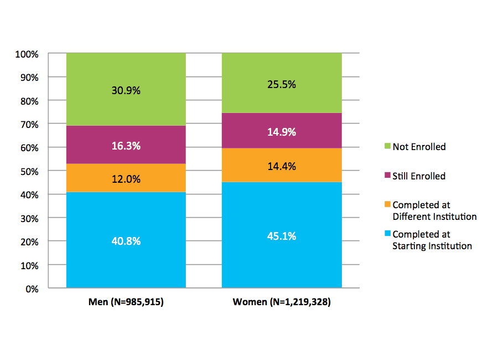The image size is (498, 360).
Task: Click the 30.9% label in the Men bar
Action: [126, 90]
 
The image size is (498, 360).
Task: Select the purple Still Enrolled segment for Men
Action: [126, 145]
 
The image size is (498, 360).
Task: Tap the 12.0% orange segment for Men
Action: [126, 179]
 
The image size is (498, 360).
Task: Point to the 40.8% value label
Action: [126, 241]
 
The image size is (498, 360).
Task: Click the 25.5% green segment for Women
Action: [282, 85]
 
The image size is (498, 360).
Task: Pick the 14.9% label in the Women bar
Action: [282, 132]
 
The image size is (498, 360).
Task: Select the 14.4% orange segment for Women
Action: [282, 166]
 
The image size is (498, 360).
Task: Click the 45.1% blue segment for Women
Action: [282, 236]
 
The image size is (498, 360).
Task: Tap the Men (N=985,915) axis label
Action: [126, 302]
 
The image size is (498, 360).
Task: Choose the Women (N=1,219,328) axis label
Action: [282, 302]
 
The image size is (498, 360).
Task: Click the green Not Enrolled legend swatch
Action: [387, 147]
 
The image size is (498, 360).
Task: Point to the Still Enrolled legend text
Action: [419, 176]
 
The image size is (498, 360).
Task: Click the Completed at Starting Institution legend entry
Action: [432, 240]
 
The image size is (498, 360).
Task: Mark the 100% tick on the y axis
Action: [27, 54]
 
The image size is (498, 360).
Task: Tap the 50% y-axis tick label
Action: [29, 172]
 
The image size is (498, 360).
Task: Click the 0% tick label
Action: [32, 289]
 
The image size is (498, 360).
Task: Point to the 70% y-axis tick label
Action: [29, 125]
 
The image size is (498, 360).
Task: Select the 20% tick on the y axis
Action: [29, 242]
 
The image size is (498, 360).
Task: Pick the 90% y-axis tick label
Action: [29, 78]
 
